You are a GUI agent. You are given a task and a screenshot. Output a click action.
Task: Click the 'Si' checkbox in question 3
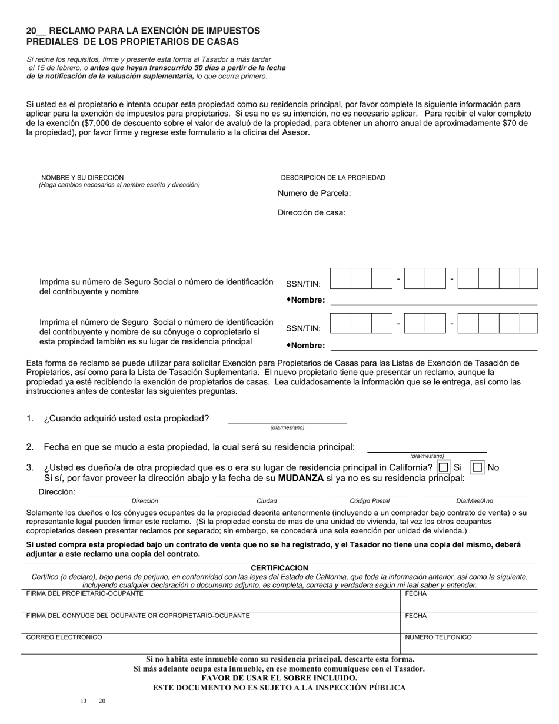click(x=444, y=467)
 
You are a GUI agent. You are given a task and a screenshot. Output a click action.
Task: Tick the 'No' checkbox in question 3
click(x=478, y=467)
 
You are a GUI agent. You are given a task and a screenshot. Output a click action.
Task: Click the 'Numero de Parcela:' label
click(x=314, y=193)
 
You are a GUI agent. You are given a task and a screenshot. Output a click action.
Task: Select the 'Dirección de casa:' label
click(x=311, y=212)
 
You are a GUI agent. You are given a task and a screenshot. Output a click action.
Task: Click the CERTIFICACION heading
click(x=279, y=568)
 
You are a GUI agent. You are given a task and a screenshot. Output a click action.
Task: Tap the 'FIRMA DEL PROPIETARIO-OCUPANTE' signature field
click(x=210, y=602)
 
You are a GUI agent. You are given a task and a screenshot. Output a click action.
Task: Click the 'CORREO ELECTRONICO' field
click(x=210, y=644)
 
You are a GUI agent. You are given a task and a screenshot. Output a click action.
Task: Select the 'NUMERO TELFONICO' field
click(x=468, y=644)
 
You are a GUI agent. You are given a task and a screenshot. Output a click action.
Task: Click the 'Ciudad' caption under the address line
click(x=267, y=501)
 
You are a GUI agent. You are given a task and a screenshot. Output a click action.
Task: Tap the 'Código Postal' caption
click(x=370, y=501)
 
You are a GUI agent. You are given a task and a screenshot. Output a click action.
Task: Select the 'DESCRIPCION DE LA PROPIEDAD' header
click(x=333, y=177)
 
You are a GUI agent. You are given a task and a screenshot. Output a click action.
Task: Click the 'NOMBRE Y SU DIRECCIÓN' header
click(x=82, y=177)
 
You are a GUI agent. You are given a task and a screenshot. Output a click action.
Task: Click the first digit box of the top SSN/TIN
click(x=341, y=278)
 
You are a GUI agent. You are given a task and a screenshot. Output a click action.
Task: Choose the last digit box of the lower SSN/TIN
click(x=528, y=324)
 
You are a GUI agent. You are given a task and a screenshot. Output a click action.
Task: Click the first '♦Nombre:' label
click(x=305, y=300)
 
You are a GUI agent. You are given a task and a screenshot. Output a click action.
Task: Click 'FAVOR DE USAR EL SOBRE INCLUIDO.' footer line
click(x=279, y=678)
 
